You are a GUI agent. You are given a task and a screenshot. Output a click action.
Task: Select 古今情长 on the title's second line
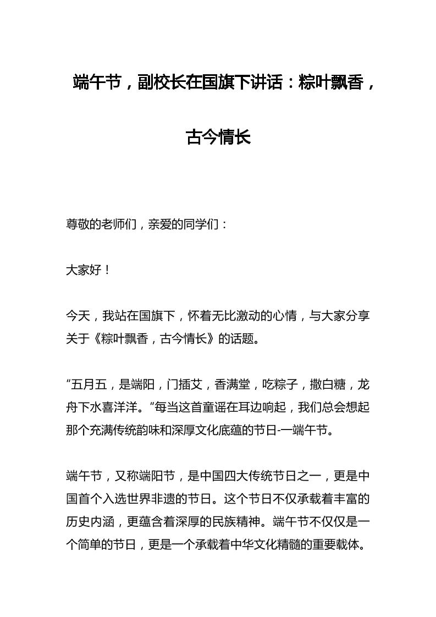coord(218,137)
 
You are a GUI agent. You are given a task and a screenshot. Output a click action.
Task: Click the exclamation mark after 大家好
coord(107,270)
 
